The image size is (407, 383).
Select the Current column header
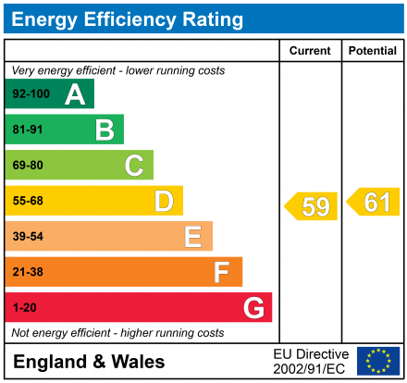tap(310, 51)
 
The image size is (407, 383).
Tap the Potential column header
tap(373, 51)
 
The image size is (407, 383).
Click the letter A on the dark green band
tap(75, 94)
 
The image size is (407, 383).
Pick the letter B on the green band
tap(105, 130)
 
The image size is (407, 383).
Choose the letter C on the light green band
tap(134, 166)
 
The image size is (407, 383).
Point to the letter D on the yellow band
tap(164, 201)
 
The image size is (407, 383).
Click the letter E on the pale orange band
tap(192, 237)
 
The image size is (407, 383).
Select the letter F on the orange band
tap(222, 272)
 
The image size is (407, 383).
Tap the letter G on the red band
tap(253, 307)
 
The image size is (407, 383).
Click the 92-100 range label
tap(31, 94)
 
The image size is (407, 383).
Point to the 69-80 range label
tap(28, 166)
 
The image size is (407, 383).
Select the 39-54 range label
tap(28, 237)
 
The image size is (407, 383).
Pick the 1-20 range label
tap(24, 307)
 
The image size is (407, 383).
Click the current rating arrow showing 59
tap(312, 206)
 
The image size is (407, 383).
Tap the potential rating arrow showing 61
tap(374, 202)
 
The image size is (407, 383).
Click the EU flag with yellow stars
tap(378, 361)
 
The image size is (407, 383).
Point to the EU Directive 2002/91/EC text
tap(311, 361)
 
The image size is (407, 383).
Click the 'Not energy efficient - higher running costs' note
tap(117, 332)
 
